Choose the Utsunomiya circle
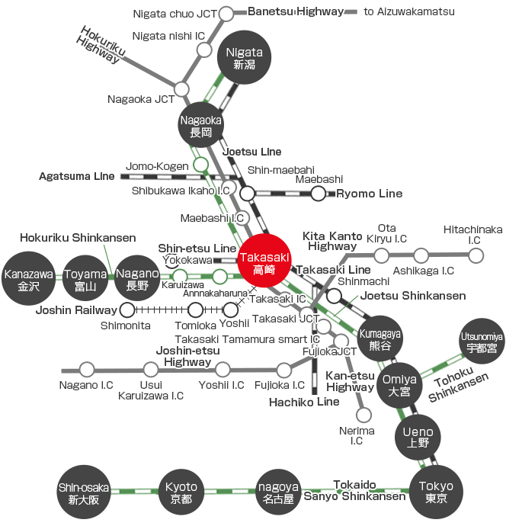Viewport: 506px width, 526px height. point(482,342)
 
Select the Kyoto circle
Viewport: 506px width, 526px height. point(181,490)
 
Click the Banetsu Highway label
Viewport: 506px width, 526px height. point(296,11)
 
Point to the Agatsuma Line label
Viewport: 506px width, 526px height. point(77,176)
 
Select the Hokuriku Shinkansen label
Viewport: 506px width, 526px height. point(78,239)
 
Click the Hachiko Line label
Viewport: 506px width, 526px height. point(305,402)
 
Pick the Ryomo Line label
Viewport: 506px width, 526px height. point(370,194)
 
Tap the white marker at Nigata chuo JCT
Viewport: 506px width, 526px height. point(227,14)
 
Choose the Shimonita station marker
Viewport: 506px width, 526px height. point(127,310)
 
